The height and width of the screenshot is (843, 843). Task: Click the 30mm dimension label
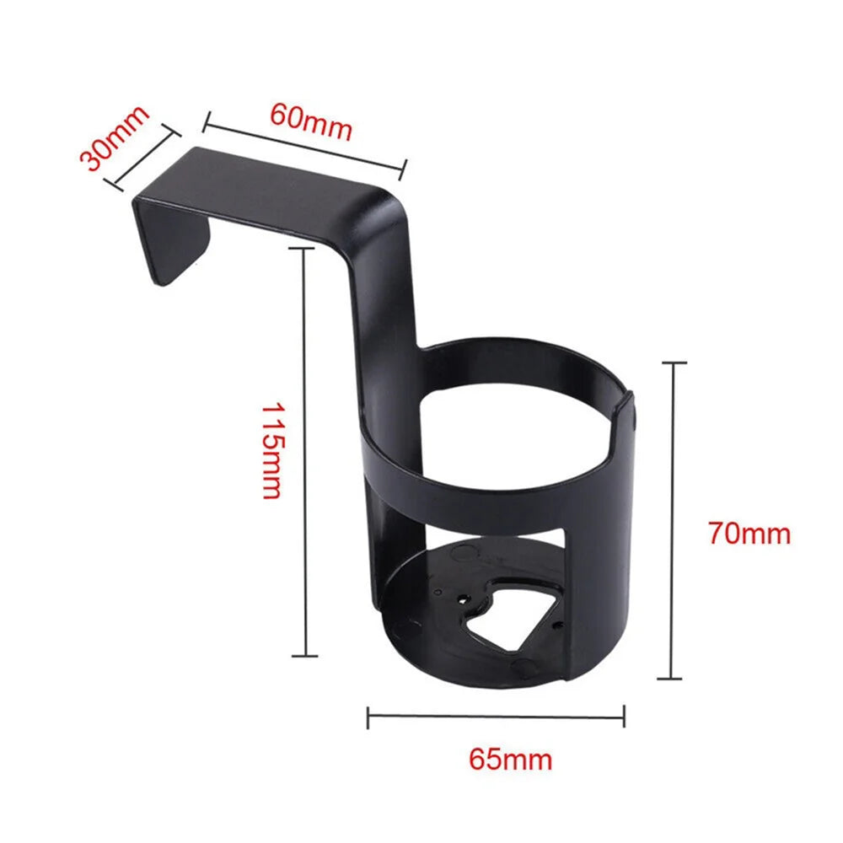click(113, 137)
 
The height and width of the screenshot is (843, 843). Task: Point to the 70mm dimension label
click(749, 534)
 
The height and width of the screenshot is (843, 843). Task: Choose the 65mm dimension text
click(510, 759)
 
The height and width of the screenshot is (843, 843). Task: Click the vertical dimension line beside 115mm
click(304, 451)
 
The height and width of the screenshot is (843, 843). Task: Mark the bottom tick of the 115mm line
click(304, 654)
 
